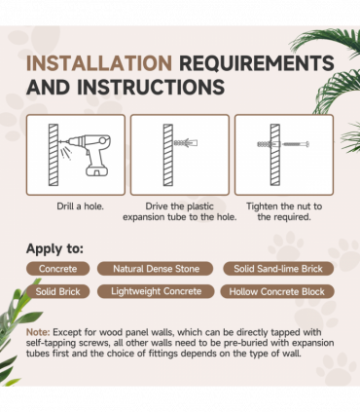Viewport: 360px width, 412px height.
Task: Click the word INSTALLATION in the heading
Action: [99, 63]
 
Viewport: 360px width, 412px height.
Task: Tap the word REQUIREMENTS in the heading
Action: [257, 63]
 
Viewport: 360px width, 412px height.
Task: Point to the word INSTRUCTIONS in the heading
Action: [151, 87]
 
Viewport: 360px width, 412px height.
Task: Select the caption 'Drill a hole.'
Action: [80, 206]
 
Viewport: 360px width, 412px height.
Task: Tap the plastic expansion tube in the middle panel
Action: [186, 142]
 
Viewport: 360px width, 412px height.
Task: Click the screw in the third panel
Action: [296, 144]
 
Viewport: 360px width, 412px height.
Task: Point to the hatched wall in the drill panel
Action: [54, 155]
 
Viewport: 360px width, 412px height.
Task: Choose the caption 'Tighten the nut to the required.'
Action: [284, 211]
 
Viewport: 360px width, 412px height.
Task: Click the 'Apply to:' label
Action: [54, 248]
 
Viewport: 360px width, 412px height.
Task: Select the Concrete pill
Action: [57, 269]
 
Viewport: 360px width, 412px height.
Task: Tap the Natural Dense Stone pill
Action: [156, 269]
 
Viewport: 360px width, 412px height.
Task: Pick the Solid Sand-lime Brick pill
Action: [278, 269]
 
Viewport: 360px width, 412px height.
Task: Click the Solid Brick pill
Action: [57, 291]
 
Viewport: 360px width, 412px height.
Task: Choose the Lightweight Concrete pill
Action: [156, 291]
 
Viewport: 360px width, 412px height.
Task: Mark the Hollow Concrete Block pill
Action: [277, 291]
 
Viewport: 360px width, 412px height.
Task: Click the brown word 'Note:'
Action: [38, 332]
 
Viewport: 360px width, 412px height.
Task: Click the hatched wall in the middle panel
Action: [168, 155]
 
